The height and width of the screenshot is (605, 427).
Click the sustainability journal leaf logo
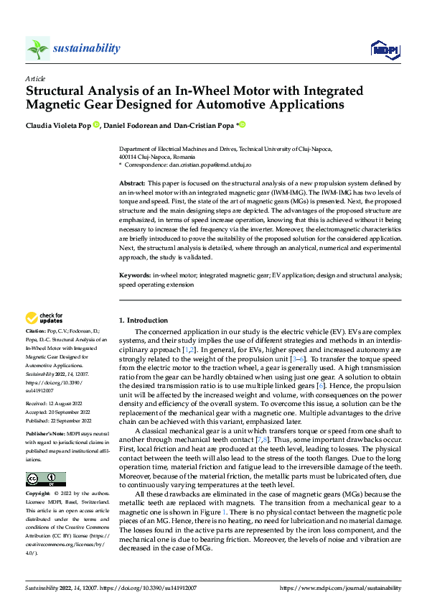click(37, 49)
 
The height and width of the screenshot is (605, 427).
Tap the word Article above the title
click(34, 78)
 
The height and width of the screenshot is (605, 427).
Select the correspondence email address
click(202, 165)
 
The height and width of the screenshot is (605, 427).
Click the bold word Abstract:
click(131, 184)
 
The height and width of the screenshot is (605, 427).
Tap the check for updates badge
click(44, 318)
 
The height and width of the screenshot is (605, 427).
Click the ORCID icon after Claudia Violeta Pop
click(96, 124)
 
